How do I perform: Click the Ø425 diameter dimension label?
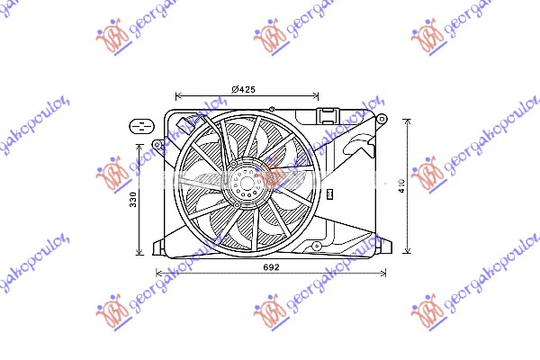click(246, 88)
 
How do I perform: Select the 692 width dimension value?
click(271, 267)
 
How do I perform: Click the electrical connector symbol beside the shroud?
click(140, 125)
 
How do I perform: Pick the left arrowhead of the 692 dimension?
click(159, 273)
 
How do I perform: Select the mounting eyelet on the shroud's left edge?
click(157, 144)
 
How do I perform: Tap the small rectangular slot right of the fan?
click(330, 192)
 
